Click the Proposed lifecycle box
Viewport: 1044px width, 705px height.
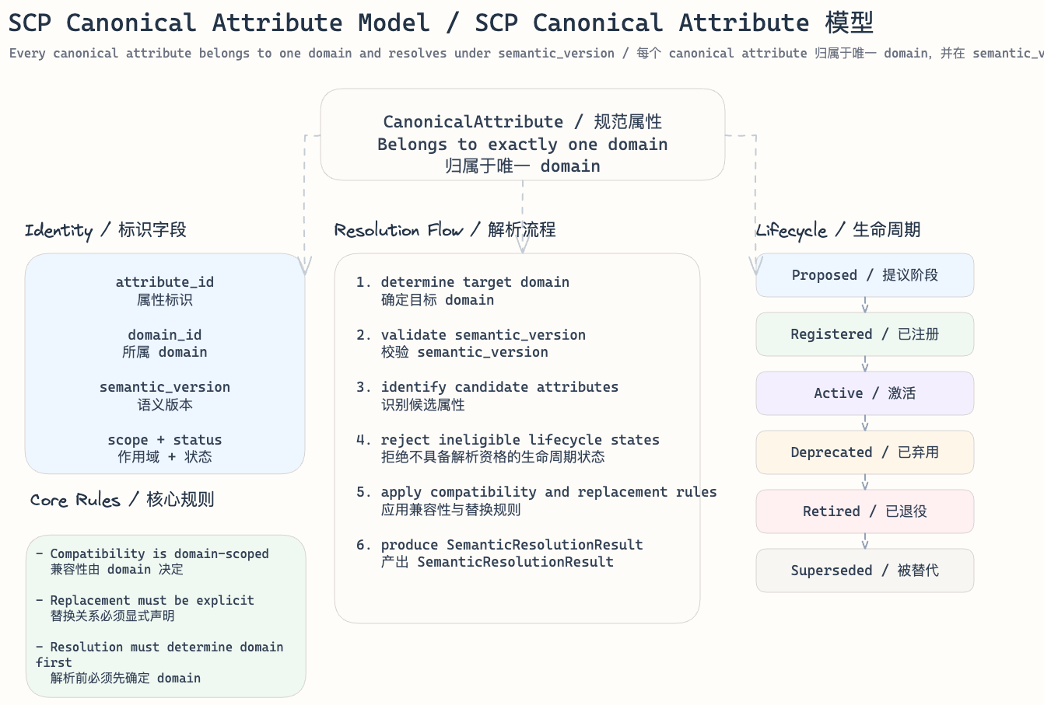[x=864, y=275]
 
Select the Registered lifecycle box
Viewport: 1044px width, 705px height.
[x=864, y=334]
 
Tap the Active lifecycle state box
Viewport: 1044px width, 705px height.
[x=864, y=393]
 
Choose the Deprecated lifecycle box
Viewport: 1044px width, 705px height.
[x=864, y=452]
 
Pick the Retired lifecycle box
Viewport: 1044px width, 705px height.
[x=864, y=511]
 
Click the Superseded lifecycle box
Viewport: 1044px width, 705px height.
[x=864, y=571]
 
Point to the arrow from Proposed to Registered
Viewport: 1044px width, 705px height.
[x=865, y=305]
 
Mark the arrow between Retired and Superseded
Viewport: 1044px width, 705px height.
[x=865, y=541]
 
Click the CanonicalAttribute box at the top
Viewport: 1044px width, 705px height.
[x=522, y=134]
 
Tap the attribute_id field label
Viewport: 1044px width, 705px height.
[x=164, y=282]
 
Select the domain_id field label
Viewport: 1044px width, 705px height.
[x=164, y=335]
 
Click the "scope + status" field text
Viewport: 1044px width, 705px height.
[x=164, y=440]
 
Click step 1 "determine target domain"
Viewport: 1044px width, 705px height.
[x=475, y=282]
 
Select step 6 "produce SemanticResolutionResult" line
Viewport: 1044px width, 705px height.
[x=511, y=545]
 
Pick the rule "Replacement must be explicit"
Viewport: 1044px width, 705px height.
[x=152, y=600]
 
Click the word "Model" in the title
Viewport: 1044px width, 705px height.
[x=394, y=23]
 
